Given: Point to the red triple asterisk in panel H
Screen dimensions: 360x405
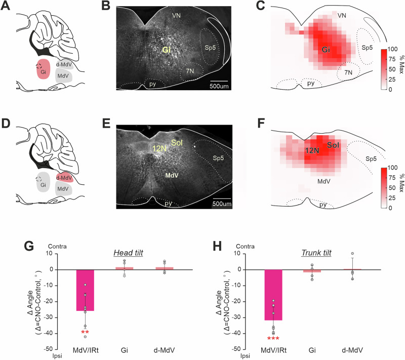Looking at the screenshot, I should click(273, 339).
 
